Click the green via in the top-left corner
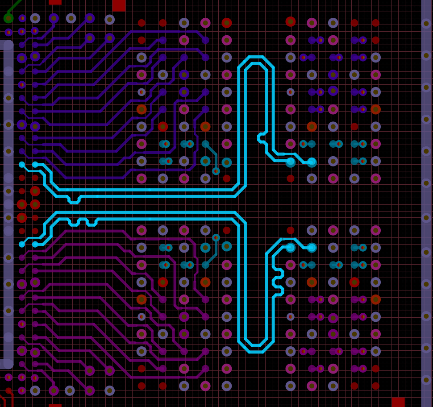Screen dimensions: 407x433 8,18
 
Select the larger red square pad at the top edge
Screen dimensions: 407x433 119,5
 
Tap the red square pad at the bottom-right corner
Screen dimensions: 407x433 398,402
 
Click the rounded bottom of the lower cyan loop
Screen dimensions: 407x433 255,349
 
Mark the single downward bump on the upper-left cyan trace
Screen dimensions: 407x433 74,200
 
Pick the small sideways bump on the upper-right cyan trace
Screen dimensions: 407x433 262,138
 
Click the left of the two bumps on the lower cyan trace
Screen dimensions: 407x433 73,222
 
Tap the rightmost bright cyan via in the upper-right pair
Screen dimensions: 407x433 312,162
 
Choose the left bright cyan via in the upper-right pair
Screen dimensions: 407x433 291,162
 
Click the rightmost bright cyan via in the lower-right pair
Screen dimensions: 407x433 312,247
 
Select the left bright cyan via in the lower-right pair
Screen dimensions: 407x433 291,247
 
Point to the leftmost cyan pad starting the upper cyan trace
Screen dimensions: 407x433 22,164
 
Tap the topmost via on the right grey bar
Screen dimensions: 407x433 426,23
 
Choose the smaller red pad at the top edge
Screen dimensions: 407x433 55,2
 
